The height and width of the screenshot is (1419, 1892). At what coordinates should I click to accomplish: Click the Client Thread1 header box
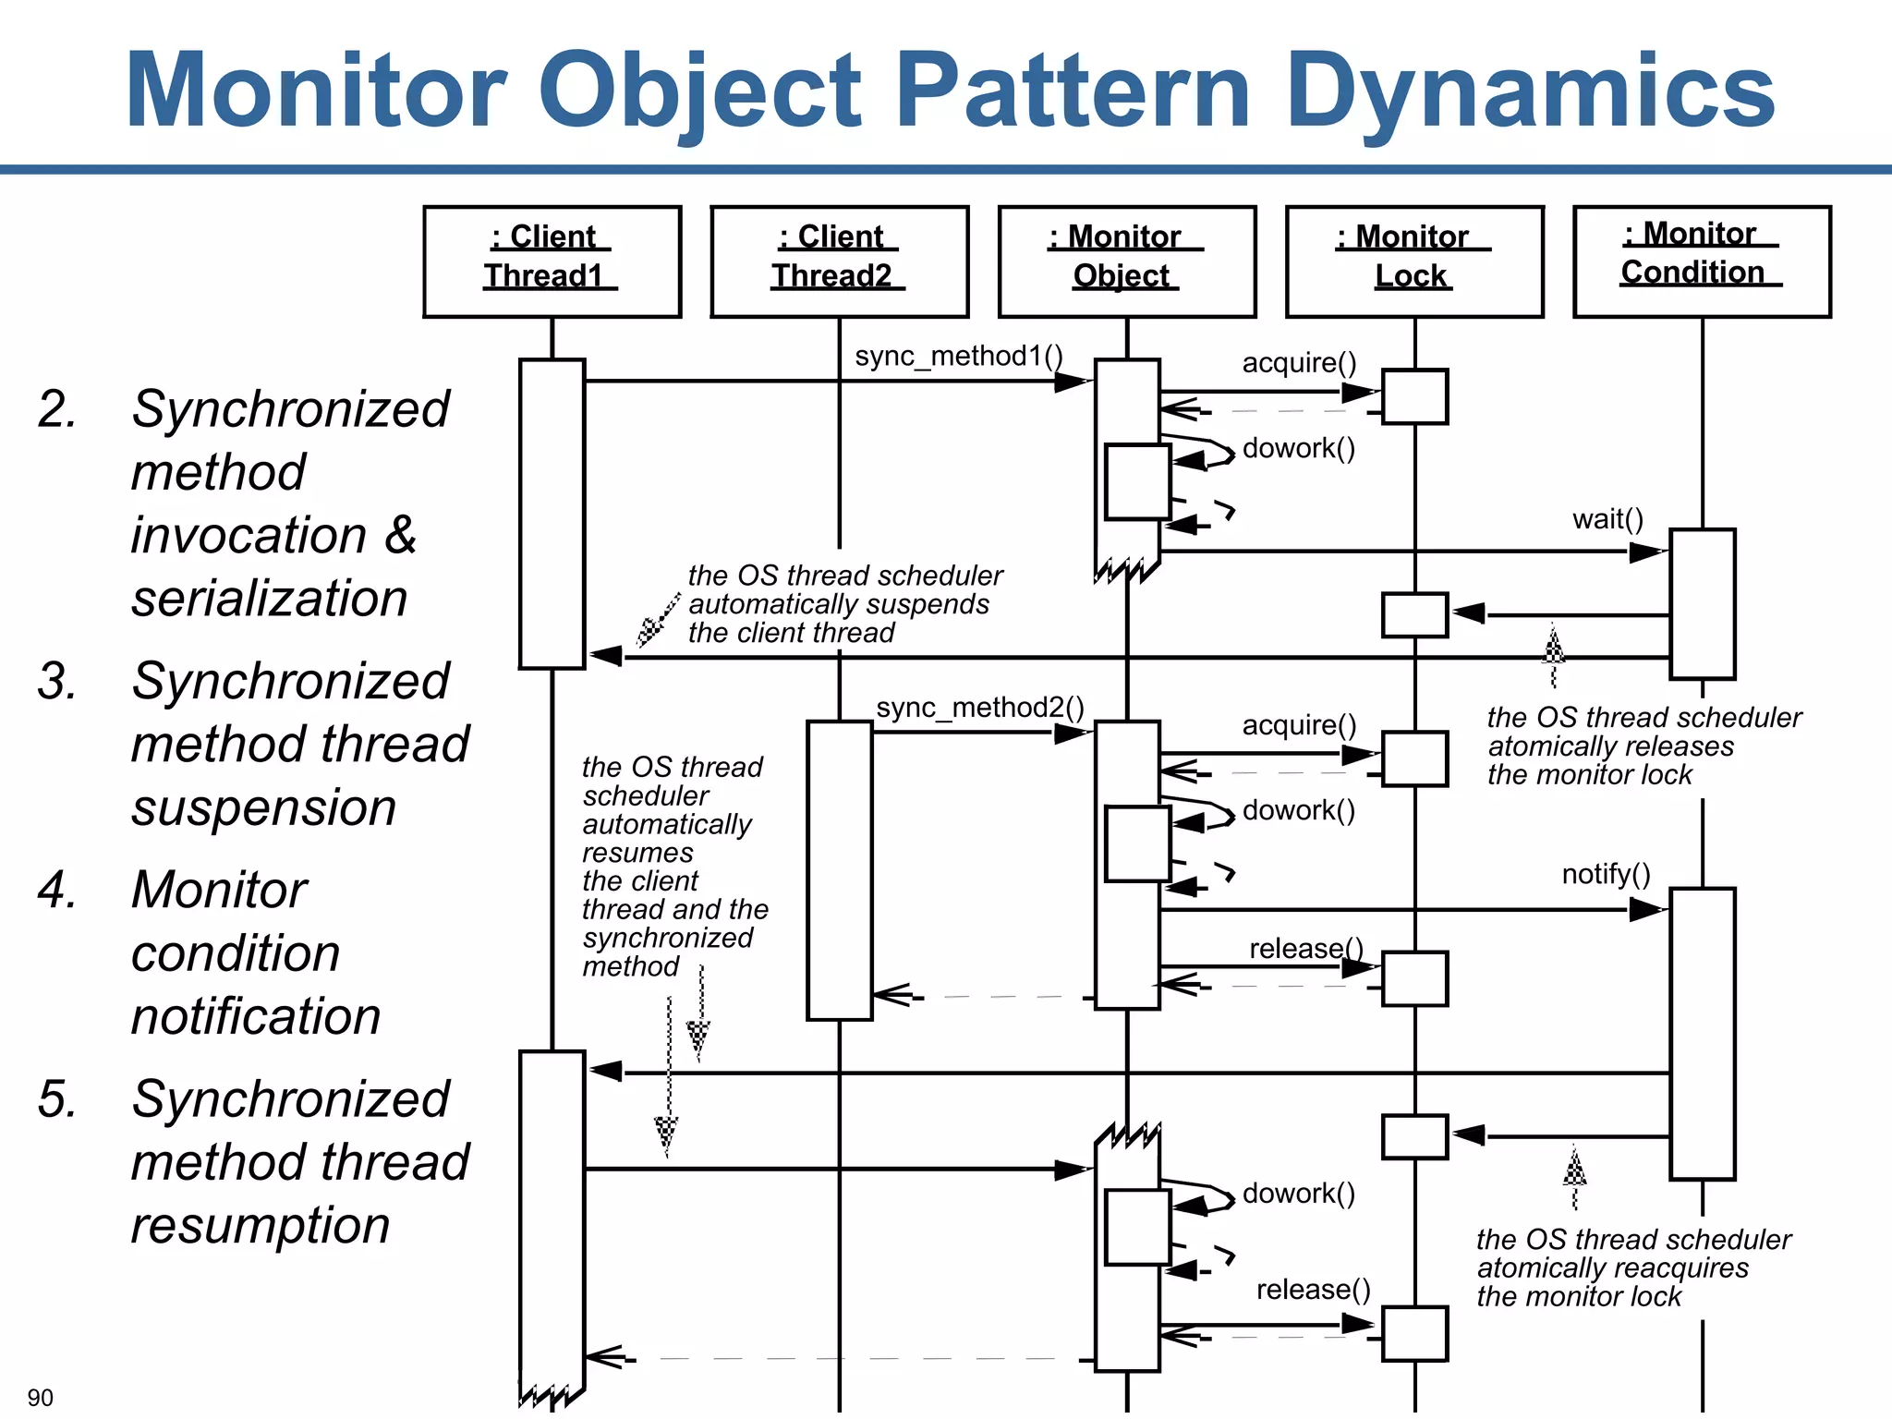[552, 261]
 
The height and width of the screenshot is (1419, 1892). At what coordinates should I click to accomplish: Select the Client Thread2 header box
[839, 261]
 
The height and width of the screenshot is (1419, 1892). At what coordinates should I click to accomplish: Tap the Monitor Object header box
[1126, 261]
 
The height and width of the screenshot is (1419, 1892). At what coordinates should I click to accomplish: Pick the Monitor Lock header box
[1414, 261]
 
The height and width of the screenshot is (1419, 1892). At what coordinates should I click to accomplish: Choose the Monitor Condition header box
[1702, 261]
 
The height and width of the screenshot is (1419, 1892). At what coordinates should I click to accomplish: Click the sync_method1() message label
[959, 357]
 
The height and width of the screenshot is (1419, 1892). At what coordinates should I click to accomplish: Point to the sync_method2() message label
[980, 708]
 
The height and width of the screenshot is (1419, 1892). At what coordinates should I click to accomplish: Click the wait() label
[1607, 519]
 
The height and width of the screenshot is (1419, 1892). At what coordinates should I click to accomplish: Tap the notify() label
[1606, 874]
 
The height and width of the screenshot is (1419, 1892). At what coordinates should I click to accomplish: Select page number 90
[40, 1397]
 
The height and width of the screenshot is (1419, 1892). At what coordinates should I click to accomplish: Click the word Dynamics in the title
[1530, 91]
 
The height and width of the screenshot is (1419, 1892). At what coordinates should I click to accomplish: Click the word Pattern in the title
[1073, 91]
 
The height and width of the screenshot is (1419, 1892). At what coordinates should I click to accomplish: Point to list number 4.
[57, 890]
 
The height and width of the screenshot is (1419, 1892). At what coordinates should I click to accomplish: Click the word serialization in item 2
[269, 599]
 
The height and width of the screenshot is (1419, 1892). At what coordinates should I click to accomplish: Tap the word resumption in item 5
[261, 1226]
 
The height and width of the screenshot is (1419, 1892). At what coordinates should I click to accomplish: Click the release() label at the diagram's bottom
[1313, 1290]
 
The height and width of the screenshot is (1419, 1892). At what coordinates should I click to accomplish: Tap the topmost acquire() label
[1299, 363]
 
